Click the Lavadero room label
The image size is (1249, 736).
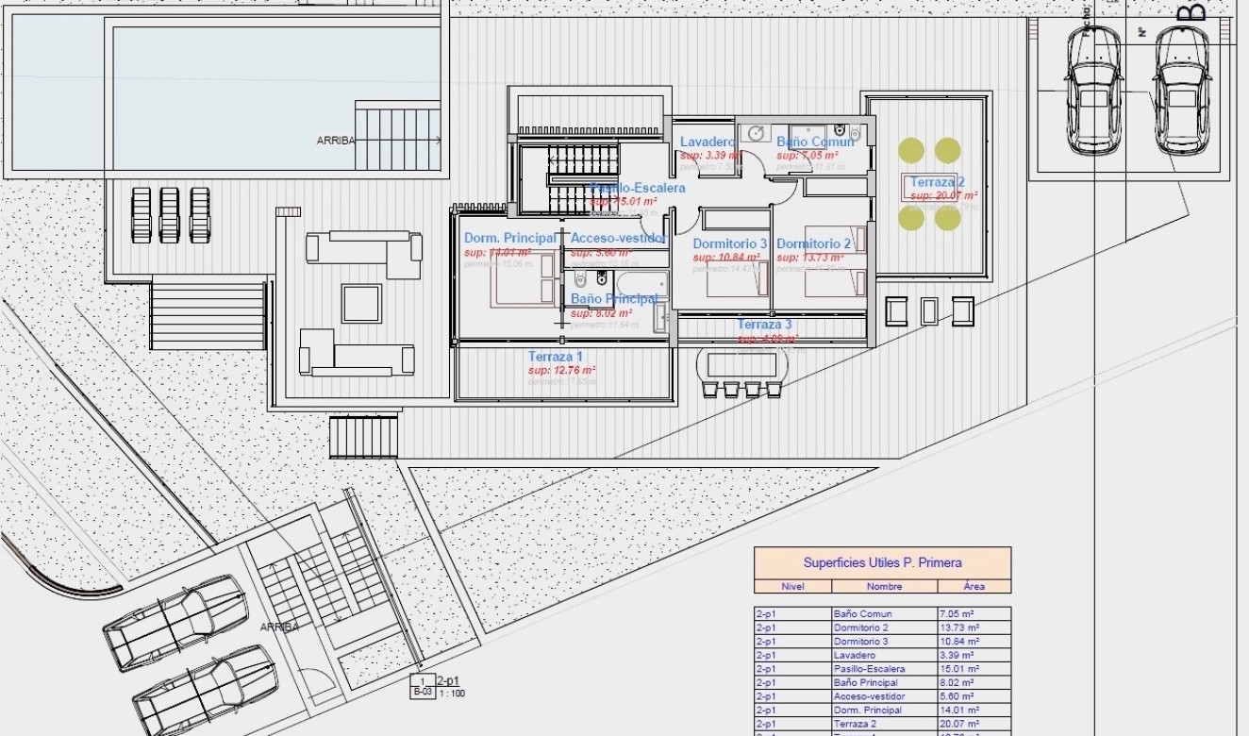708,142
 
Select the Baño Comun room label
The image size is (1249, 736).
815,142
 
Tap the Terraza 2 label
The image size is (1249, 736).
937,182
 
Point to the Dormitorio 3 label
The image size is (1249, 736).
730,243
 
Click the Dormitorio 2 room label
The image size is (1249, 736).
814,243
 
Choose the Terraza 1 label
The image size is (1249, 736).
556,357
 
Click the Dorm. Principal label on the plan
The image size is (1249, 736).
509,238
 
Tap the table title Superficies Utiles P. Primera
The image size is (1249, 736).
882,562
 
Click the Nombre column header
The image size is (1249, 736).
884,586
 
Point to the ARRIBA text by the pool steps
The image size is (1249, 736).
336,141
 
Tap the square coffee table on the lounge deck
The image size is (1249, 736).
361,303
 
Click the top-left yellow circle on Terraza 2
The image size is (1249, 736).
911,150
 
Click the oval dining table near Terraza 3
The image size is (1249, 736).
742,363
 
